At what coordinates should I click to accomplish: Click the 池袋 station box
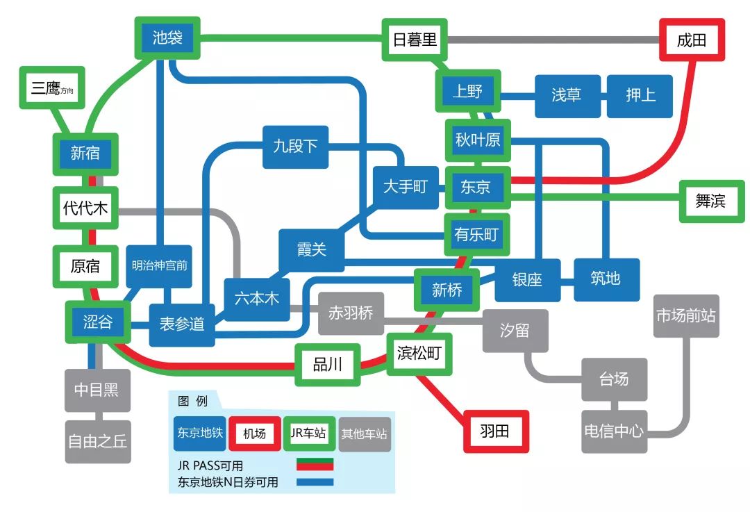tap(167, 37)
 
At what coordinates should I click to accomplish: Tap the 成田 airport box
tap(691, 40)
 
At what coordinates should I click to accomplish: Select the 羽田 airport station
tap(495, 431)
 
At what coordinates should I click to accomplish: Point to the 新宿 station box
tap(85, 153)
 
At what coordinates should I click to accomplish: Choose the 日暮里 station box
tap(415, 40)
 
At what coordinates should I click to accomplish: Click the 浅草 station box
tap(567, 95)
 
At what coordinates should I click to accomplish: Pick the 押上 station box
tap(640, 95)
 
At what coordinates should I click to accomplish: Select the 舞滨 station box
tap(710, 201)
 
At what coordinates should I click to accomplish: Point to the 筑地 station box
tap(606, 279)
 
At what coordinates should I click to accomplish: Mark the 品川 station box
tap(328, 365)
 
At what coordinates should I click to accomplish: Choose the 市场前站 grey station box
tap(686, 315)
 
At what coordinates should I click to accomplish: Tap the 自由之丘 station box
tap(97, 441)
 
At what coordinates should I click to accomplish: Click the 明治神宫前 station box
tap(160, 265)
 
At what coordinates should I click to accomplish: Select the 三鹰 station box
tap(52, 88)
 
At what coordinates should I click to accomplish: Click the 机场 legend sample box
tap(254, 433)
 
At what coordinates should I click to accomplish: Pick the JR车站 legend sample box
tap(309, 433)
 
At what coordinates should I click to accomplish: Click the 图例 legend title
tap(192, 401)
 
